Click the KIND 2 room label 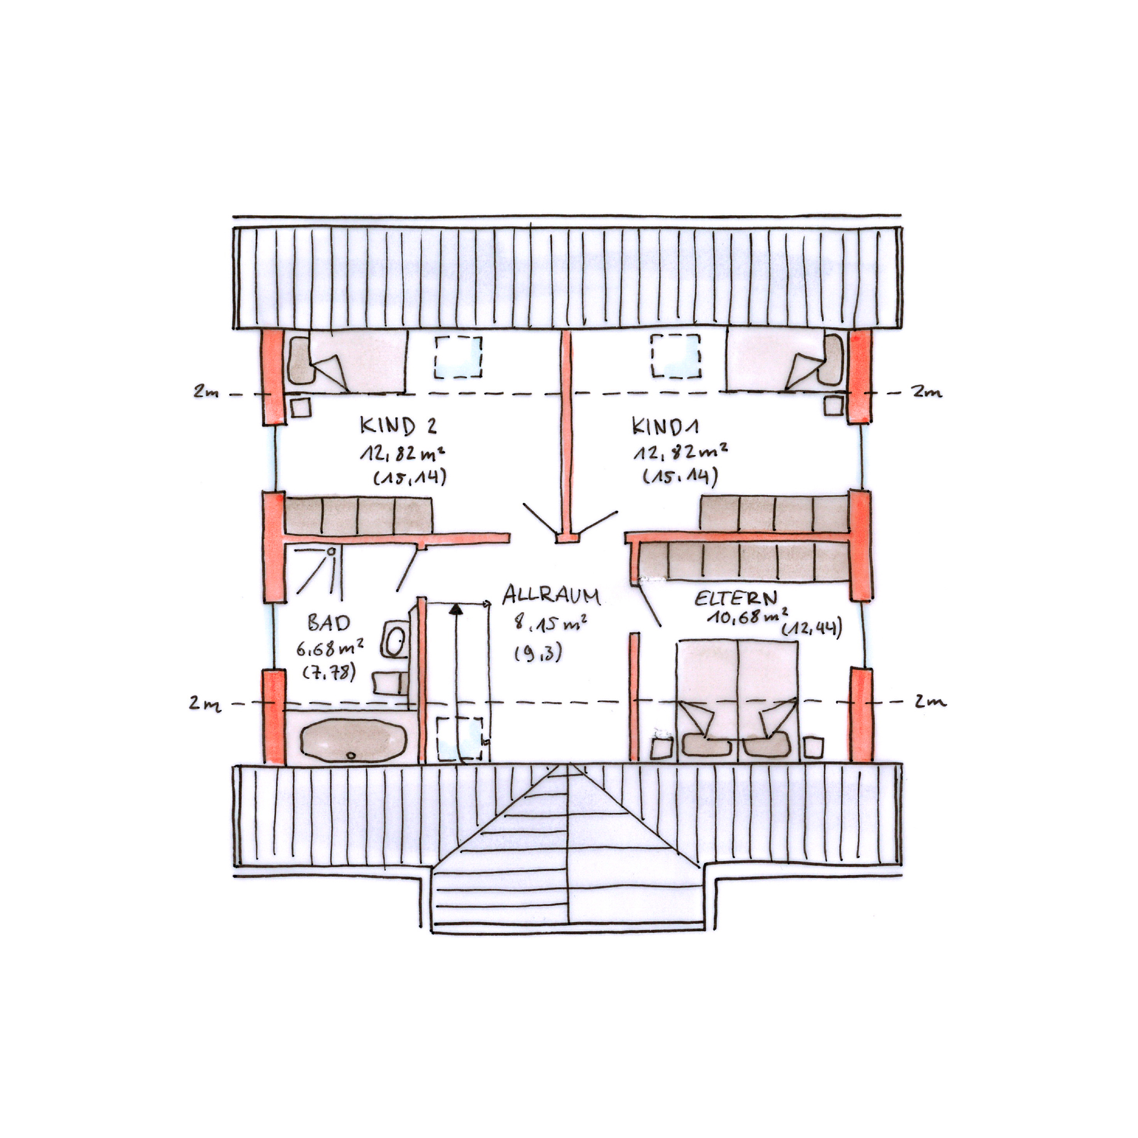(398, 425)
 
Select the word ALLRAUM (551, 595)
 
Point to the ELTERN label (736, 599)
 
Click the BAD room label (328, 623)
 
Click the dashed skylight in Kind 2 (458, 356)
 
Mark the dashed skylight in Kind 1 (676, 356)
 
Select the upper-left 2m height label (206, 391)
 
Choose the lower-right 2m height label (930, 701)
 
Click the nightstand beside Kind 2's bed (301, 408)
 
